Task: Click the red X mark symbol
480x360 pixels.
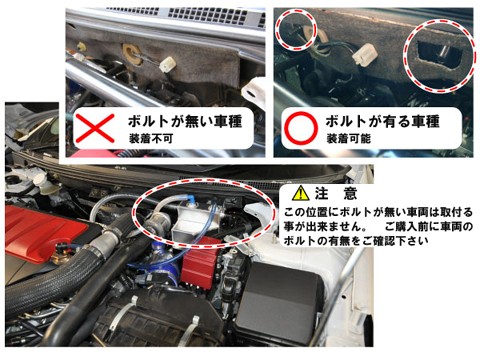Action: (95, 129)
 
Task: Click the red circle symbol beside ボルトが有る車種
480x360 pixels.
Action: (301, 128)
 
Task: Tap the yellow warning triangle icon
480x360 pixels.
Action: (301, 193)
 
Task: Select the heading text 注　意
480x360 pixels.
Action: (336, 193)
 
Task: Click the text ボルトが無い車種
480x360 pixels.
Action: (185, 121)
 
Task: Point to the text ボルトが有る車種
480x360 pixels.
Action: (383, 121)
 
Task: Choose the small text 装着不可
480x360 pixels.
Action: (151, 138)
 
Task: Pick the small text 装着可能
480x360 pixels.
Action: (349, 138)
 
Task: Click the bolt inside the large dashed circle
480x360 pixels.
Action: (443, 50)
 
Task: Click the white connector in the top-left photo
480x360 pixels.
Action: (168, 64)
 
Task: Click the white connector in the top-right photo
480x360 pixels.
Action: (365, 54)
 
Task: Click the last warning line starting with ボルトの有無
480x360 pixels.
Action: (356, 241)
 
